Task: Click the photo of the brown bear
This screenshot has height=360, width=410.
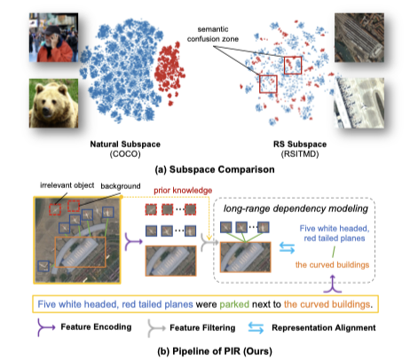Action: point(53,103)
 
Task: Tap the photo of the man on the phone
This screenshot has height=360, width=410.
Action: point(53,37)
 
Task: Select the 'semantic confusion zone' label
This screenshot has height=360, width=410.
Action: point(213,34)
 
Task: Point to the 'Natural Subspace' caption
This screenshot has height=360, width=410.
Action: point(125,145)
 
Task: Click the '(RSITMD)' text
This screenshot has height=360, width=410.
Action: point(300,154)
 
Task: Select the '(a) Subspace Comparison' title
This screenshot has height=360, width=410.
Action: point(215,169)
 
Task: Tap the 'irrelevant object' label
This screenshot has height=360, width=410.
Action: point(67,185)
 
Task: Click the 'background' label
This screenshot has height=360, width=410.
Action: point(121,186)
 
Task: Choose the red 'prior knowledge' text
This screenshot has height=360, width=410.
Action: point(183,191)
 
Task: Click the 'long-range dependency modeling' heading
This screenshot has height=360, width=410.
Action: point(296,208)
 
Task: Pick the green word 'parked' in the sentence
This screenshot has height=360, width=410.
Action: point(234,304)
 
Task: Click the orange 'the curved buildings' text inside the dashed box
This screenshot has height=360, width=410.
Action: point(332,265)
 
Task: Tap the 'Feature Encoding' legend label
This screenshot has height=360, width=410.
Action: point(96,327)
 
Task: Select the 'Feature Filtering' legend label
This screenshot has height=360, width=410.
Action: point(202,328)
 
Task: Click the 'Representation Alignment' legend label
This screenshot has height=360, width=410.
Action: point(324,328)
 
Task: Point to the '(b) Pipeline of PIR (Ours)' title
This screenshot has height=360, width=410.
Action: point(215,351)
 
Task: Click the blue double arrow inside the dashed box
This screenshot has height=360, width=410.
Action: point(287,248)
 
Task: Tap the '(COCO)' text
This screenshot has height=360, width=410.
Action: point(125,154)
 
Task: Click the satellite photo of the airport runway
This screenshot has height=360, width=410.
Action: point(359,103)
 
